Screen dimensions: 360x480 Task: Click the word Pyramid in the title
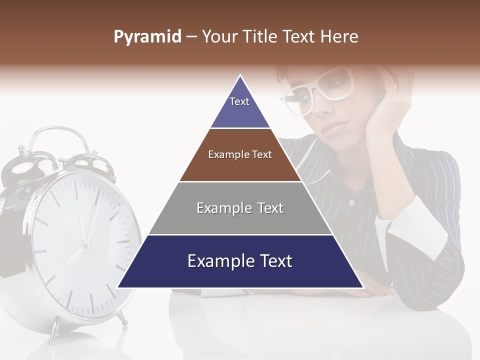(x=147, y=37)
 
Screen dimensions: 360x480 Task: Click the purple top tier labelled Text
(x=239, y=107)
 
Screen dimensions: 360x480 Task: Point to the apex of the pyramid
(x=240, y=76)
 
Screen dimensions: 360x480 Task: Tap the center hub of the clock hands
(x=86, y=245)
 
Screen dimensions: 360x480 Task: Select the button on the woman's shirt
(x=351, y=203)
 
